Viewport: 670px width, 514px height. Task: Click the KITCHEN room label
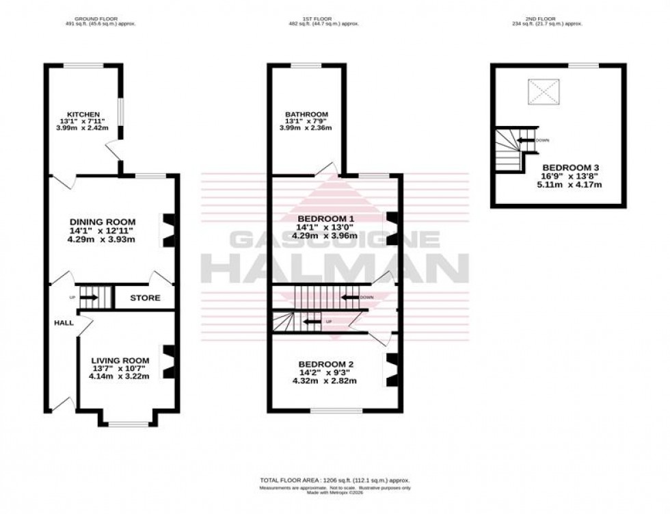pyautogui.click(x=83, y=114)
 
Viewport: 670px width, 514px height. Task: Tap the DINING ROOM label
pyautogui.click(x=103, y=222)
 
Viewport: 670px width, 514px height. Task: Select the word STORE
pyautogui.click(x=145, y=298)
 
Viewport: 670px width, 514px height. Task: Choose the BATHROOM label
pyautogui.click(x=308, y=114)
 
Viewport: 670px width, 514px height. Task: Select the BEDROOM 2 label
pyautogui.click(x=325, y=364)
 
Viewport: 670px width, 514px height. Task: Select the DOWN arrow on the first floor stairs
pyautogui.click(x=351, y=297)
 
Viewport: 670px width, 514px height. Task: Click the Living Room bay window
pyautogui.click(x=128, y=424)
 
